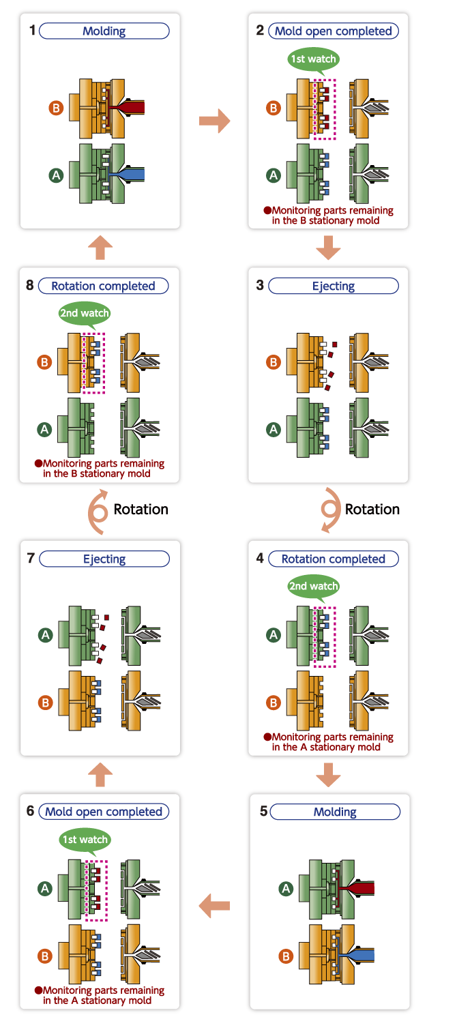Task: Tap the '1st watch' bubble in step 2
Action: (313, 59)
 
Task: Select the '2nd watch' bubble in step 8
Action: (84, 314)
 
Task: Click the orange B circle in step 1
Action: (57, 108)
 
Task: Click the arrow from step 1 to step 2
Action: (214, 121)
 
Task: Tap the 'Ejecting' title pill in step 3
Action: (333, 286)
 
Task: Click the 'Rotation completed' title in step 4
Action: (333, 559)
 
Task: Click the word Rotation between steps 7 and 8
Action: (141, 509)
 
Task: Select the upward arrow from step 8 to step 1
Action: (100, 248)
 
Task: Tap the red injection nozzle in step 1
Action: (134, 107)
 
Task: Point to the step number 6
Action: (30, 812)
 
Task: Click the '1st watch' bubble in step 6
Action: (84, 840)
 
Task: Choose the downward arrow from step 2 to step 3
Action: (328, 248)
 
